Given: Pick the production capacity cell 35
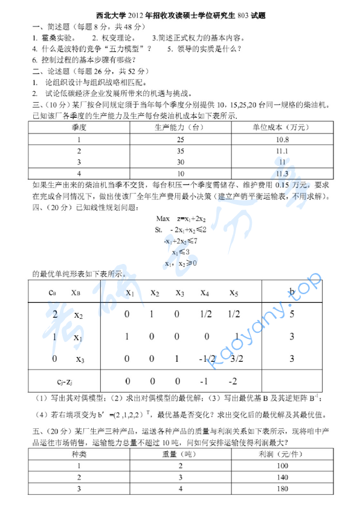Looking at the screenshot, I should click(x=180, y=151).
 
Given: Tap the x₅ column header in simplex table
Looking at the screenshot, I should click(x=234, y=294).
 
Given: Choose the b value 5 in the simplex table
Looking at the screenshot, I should click(x=292, y=314).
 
